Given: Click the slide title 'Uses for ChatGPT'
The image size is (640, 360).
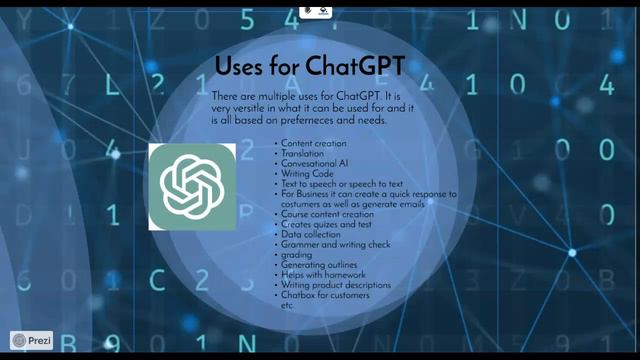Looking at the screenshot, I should coord(309,66).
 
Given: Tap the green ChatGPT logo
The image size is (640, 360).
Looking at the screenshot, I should coord(192,186).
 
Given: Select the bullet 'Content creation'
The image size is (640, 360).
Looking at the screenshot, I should coord(313,144).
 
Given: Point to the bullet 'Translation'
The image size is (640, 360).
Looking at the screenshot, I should coord(302,153).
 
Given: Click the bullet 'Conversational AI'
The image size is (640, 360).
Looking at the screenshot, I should coord(314,163).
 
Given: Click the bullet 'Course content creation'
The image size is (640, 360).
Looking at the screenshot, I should coord(327,214).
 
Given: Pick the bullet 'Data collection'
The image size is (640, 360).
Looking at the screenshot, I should coord(310,234).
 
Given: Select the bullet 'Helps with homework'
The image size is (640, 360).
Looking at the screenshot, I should coord(323,274).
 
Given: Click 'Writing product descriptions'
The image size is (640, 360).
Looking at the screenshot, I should coord(335,285).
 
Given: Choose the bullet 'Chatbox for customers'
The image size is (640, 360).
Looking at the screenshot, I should coord(325,295).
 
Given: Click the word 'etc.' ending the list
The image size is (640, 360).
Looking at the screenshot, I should coord(287,304).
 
